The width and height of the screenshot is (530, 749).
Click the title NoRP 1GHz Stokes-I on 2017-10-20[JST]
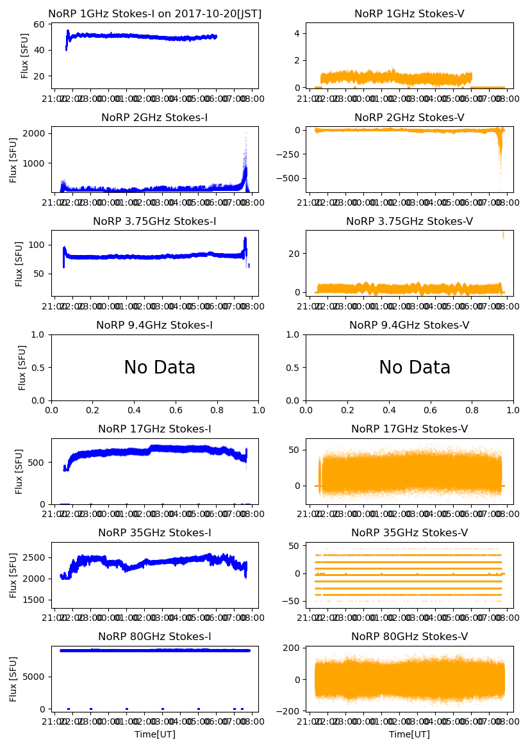(154, 14)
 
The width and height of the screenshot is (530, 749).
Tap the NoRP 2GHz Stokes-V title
(409, 118)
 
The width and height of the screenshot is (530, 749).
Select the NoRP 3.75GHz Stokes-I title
(154, 222)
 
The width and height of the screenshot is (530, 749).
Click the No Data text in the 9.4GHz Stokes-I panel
(160, 368)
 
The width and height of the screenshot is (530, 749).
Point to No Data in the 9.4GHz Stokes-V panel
(415, 368)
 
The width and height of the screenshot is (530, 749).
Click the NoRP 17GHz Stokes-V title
(409, 429)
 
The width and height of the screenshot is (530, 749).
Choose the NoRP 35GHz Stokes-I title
(154, 533)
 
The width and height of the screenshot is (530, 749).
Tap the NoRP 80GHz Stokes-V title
(409, 637)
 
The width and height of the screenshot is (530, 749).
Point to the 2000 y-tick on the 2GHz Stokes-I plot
(35, 133)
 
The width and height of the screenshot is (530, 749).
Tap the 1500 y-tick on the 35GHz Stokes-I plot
(35, 600)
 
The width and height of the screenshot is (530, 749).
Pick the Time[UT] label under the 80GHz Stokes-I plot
(154, 734)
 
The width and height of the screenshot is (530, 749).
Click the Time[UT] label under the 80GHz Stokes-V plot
(409, 734)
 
